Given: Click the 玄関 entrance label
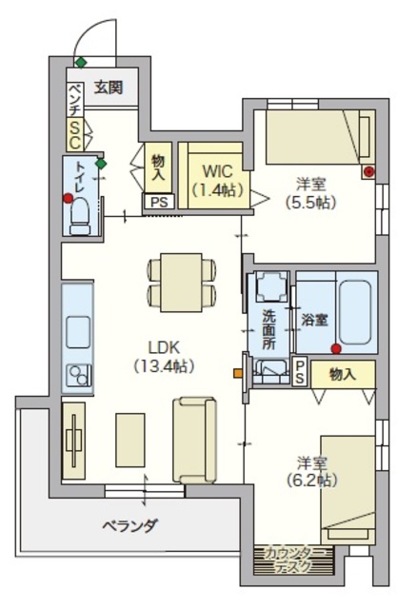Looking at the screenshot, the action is click(109, 88).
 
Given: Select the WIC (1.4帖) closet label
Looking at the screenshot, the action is click(218, 181).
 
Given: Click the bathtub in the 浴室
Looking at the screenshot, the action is click(354, 312).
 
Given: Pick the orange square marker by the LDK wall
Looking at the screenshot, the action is click(237, 374).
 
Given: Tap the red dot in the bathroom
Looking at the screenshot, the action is click(336, 349).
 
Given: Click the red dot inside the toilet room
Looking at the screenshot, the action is click(68, 199).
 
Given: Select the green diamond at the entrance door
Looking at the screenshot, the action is click(80, 62).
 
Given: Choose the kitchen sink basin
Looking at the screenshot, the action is click(78, 332).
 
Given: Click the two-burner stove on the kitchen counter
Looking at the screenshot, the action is click(78, 375).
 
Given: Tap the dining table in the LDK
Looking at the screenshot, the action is click(181, 283).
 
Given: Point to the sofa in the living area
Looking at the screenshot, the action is click(194, 440).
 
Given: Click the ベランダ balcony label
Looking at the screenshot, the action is click(130, 526).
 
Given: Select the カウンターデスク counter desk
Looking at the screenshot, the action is click(293, 560).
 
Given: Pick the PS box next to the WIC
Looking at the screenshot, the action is click(159, 202).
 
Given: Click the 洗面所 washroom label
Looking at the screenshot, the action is click(268, 329).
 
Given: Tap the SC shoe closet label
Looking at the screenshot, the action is click(74, 134).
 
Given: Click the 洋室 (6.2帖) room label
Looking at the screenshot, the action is click(311, 471).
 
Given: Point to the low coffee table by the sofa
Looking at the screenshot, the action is click(130, 440).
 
